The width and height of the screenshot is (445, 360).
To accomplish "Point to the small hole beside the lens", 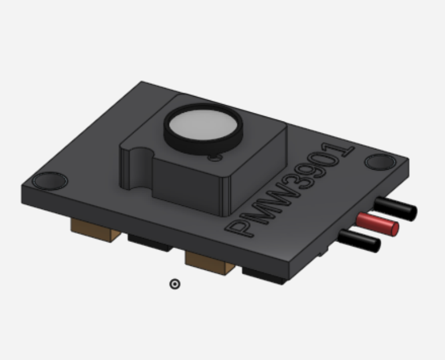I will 215,157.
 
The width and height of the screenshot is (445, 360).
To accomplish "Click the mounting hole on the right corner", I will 380,162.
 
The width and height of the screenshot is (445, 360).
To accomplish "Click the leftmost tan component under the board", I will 93,229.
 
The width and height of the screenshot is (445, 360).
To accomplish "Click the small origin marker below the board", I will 175,284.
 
